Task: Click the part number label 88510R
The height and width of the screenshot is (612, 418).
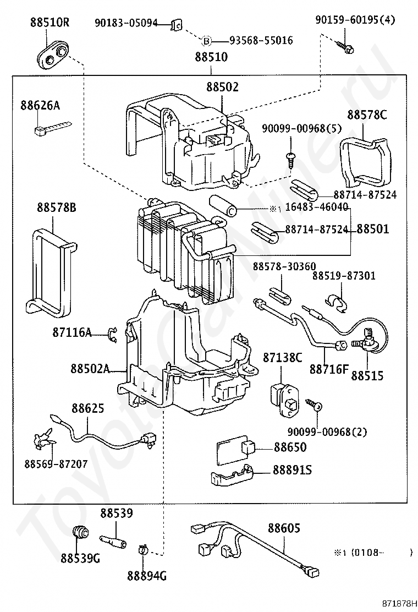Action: coord(50,23)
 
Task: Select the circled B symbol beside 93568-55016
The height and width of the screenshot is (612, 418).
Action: coord(207,40)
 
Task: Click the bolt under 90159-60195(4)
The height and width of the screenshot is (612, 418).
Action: coord(348,47)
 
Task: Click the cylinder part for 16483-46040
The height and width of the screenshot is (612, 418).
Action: coord(224,205)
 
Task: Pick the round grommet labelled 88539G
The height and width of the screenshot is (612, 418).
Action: coord(81,533)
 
